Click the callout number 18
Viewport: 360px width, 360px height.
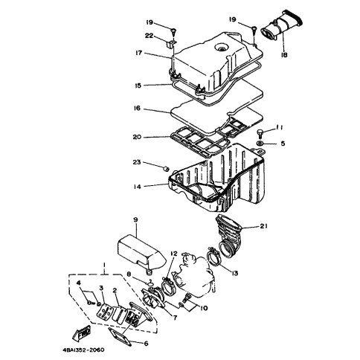284,54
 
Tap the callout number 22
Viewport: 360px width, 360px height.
150,36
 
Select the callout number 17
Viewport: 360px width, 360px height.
138,53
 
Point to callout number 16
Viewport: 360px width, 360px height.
137,109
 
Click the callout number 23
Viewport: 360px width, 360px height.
137,162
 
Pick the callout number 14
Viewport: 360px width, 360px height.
137,187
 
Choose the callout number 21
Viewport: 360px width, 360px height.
263,226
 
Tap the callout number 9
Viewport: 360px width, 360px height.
135,219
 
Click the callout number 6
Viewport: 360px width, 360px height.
146,344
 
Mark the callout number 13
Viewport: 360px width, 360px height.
234,273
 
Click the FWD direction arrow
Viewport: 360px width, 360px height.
82,332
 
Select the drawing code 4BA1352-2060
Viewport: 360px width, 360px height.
83,350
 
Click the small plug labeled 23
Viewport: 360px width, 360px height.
166,169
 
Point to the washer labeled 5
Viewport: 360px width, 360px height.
260,144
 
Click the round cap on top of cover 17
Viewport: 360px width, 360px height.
220,48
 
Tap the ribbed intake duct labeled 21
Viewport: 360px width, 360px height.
228,236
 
